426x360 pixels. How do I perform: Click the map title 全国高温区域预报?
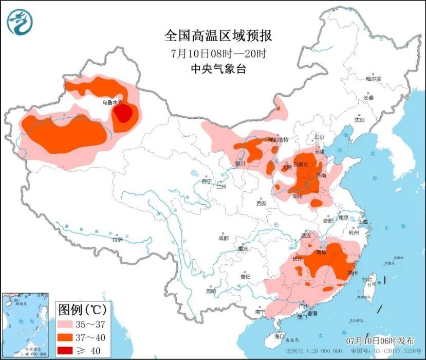click(218, 36)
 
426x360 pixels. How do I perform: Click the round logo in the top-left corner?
click(20, 21)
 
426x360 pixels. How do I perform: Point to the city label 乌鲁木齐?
click(112, 102)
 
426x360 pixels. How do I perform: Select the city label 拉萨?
click(117, 240)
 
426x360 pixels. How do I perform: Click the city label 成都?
click(223, 238)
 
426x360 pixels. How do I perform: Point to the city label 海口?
click(279, 336)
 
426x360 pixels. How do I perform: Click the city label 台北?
click(368, 279)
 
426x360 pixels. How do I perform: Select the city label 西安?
click(261, 203)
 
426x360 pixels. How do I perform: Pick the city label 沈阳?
click(358, 120)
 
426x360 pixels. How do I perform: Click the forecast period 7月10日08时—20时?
click(218, 53)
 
